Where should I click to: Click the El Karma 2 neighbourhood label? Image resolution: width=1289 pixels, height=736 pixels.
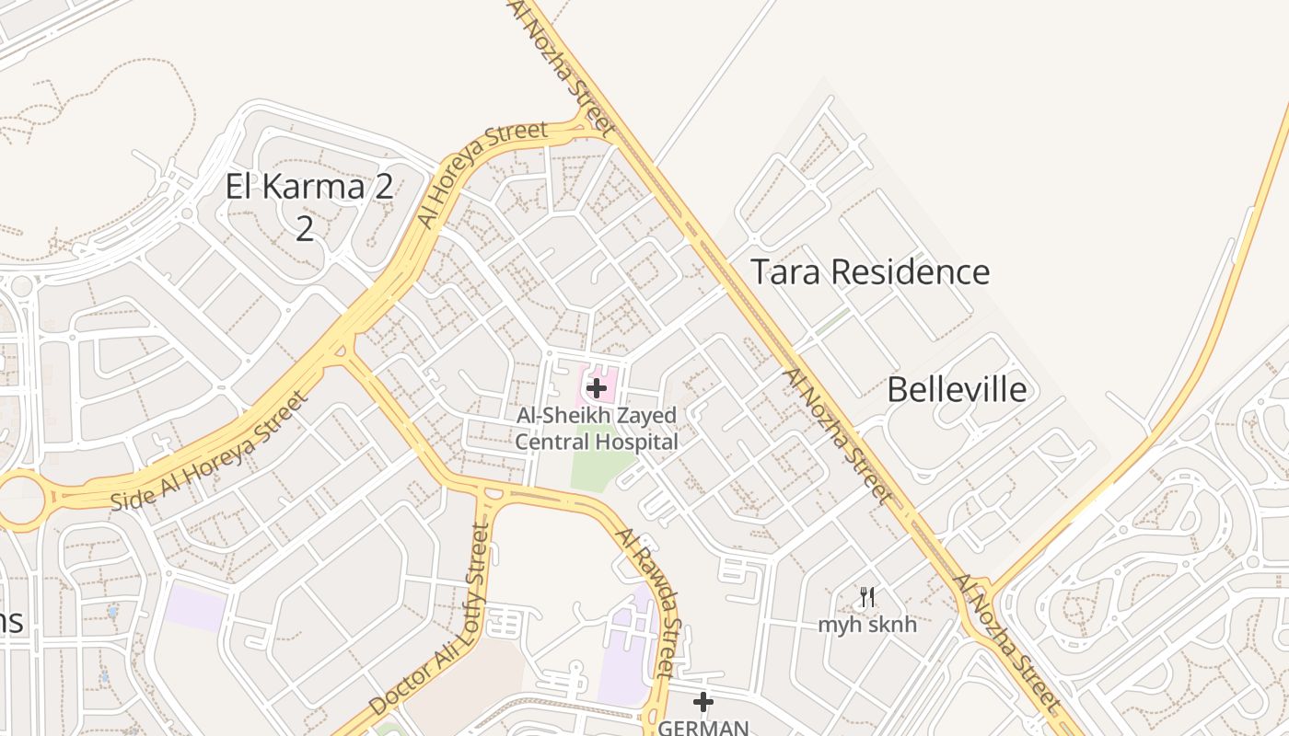pyautogui.click(x=309, y=187)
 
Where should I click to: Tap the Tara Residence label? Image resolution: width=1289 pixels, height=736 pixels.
pyautogui.click(x=870, y=272)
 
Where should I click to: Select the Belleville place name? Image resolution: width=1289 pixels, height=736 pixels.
pyautogui.click(x=957, y=390)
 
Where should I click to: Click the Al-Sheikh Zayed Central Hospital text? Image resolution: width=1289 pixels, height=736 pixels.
pyautogui.click(x=597, y=429)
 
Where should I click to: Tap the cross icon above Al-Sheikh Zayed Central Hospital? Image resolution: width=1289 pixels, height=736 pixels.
pyautogui.click(x=597, y=388)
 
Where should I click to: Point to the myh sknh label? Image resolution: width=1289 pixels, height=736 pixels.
pyautogui.click(x=867, y=625)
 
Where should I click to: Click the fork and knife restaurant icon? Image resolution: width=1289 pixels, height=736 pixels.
pyautogui.click(x=867, y=597)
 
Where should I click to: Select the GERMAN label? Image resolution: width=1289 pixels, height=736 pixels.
pyautogui.click(x=703, y=727)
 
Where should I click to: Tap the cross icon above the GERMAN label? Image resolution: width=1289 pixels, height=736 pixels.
pyautogui.click(x=703, y=703)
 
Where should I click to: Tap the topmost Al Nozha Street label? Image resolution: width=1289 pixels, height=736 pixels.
pyautogui.click(x=561, y=64)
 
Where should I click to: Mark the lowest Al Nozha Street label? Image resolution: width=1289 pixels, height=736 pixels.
pyautogui.click(x=1006, y=644)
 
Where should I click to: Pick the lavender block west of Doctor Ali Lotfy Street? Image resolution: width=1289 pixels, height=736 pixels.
pyautogui.click(x=196, y=607)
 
